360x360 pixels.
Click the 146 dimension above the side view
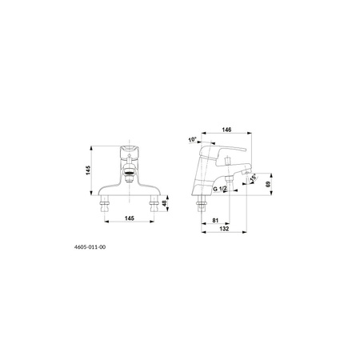[x=226, y=130]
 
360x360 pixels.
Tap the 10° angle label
[x=192, y=139]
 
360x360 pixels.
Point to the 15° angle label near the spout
[x=253, y=178]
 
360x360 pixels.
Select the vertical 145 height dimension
[x=88, y=170]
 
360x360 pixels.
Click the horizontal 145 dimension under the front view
[x=130, y=218]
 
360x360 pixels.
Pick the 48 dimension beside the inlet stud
[x=165, y=203]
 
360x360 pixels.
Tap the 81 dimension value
[x=215, y=221]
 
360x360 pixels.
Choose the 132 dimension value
[x=224, y=229]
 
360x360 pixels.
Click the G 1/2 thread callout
[x=220, y=189]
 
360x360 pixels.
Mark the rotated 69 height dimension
[x=268, y=184]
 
